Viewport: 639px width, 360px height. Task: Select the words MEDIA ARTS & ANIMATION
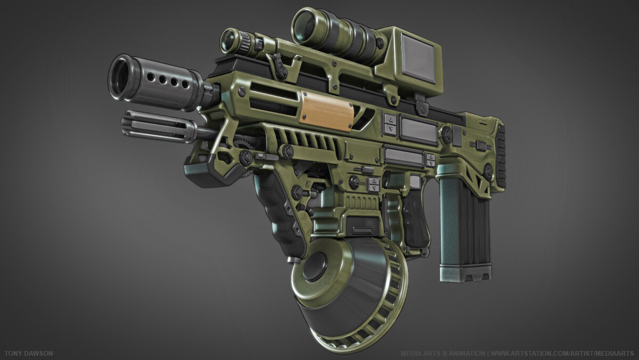442,354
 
